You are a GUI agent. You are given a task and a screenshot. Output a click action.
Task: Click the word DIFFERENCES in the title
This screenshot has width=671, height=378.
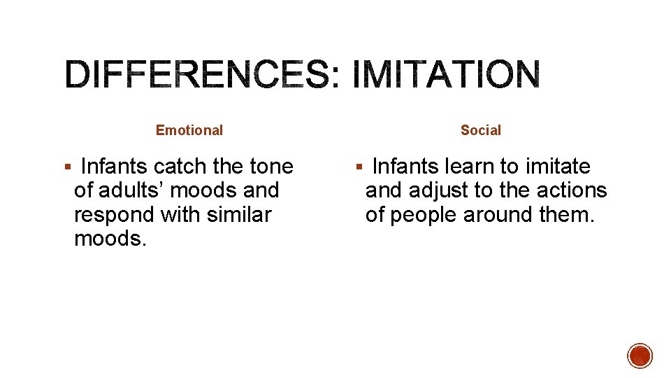pyautogui.click(x=196, y=75)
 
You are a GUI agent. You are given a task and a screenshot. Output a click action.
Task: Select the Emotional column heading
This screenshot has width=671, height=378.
pyautogui.click(x=189, y=130)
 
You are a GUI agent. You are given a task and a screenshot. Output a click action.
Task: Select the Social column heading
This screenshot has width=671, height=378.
pyautogui.click(x=481, y=130)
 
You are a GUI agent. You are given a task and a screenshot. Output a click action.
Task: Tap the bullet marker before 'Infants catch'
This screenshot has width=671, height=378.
pyautogui.click(x=67, y=167)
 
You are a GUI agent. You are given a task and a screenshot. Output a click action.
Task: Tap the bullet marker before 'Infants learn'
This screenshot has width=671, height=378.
pyautogui.click(x=359, y=167)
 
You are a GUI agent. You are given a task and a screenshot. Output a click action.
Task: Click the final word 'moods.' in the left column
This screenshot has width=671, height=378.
pyautogui.click(x=110, y=238)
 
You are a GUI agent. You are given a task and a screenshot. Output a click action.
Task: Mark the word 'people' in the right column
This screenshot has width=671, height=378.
pyautogui.click(x=424, y=214)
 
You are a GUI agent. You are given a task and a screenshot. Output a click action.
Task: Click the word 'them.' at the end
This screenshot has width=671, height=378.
pyautogui.click(x=568, y=214)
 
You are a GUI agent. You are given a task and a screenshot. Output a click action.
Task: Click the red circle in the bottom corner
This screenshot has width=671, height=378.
pyautogui.click(x=640, y=356)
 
